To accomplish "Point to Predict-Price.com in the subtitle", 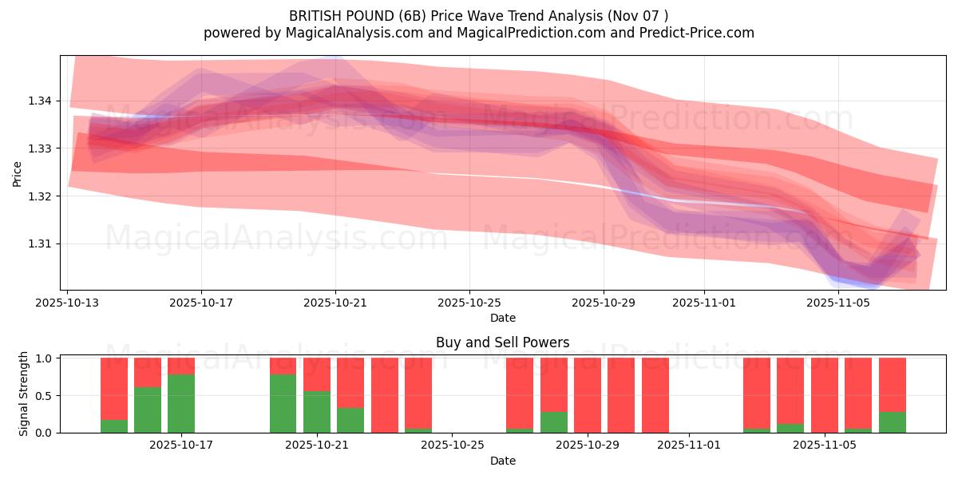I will [699, 33].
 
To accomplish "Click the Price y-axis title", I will [18, 173].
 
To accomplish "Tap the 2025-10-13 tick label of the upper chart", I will [67, 303].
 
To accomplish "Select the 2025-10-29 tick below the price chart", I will [604, 303].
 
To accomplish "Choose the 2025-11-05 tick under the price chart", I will [838, 303].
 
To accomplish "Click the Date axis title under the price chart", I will [503, 318].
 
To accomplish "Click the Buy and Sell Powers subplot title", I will [503, 342].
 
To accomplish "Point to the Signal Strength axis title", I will [24, 394].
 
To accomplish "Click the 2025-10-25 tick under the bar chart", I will [452, 445].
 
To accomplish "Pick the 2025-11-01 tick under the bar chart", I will [687, 445].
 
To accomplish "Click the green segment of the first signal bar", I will [114, 426].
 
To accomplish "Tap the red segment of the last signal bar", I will [892, 384].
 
